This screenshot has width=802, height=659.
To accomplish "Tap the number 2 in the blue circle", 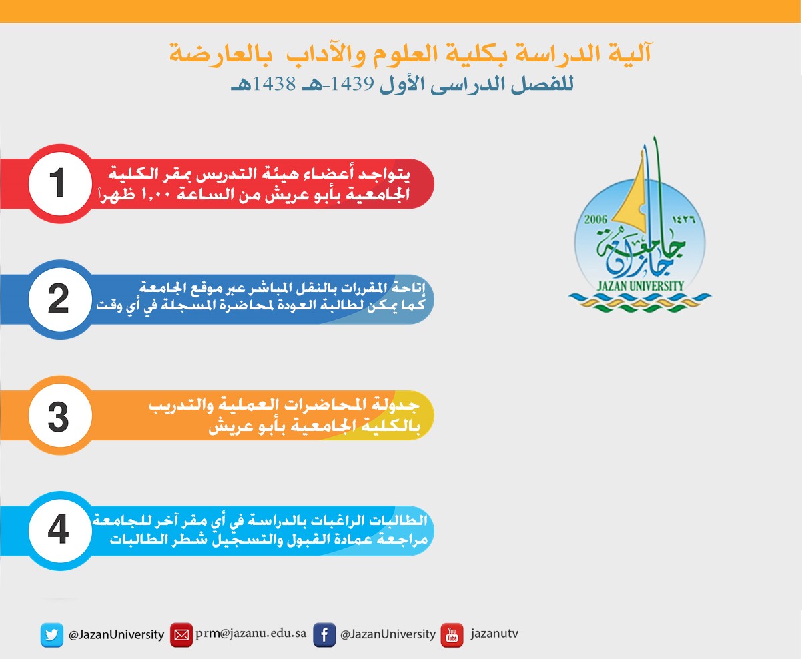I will click(x=58, y=299).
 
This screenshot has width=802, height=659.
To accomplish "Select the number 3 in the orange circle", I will click(x=58, y=416).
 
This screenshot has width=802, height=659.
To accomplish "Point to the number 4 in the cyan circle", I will click(x=58, y=531).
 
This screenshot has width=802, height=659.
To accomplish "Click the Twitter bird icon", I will click(x=51, y=635).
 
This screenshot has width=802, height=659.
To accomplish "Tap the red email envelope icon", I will click(x=181, y=635).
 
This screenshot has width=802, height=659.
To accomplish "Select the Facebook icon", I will click(x=324, y=635).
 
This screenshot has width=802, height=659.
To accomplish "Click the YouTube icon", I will click(x=452, y=635).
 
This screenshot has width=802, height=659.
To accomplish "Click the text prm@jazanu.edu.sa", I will click(x=251, y=633).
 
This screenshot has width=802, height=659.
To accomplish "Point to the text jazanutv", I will click(x=494, y=634).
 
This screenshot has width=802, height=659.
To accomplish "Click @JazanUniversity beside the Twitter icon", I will click(x=116, y=635).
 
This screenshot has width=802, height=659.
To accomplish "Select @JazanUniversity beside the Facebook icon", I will click(x=388, y=635).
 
